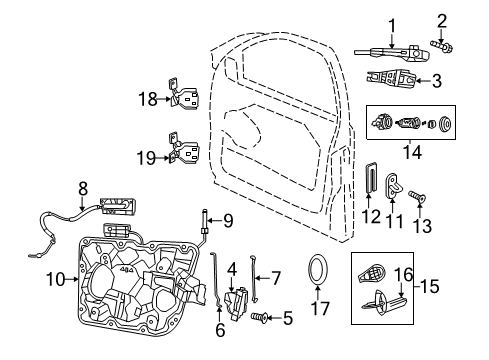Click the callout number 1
pyautogui.click(x=392, y=26)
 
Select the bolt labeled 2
pyautogui.click(x=442, y=44)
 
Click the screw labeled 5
pyautogui.click(x=263, y=319)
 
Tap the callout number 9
pyautogui.click(x=228, y=221)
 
